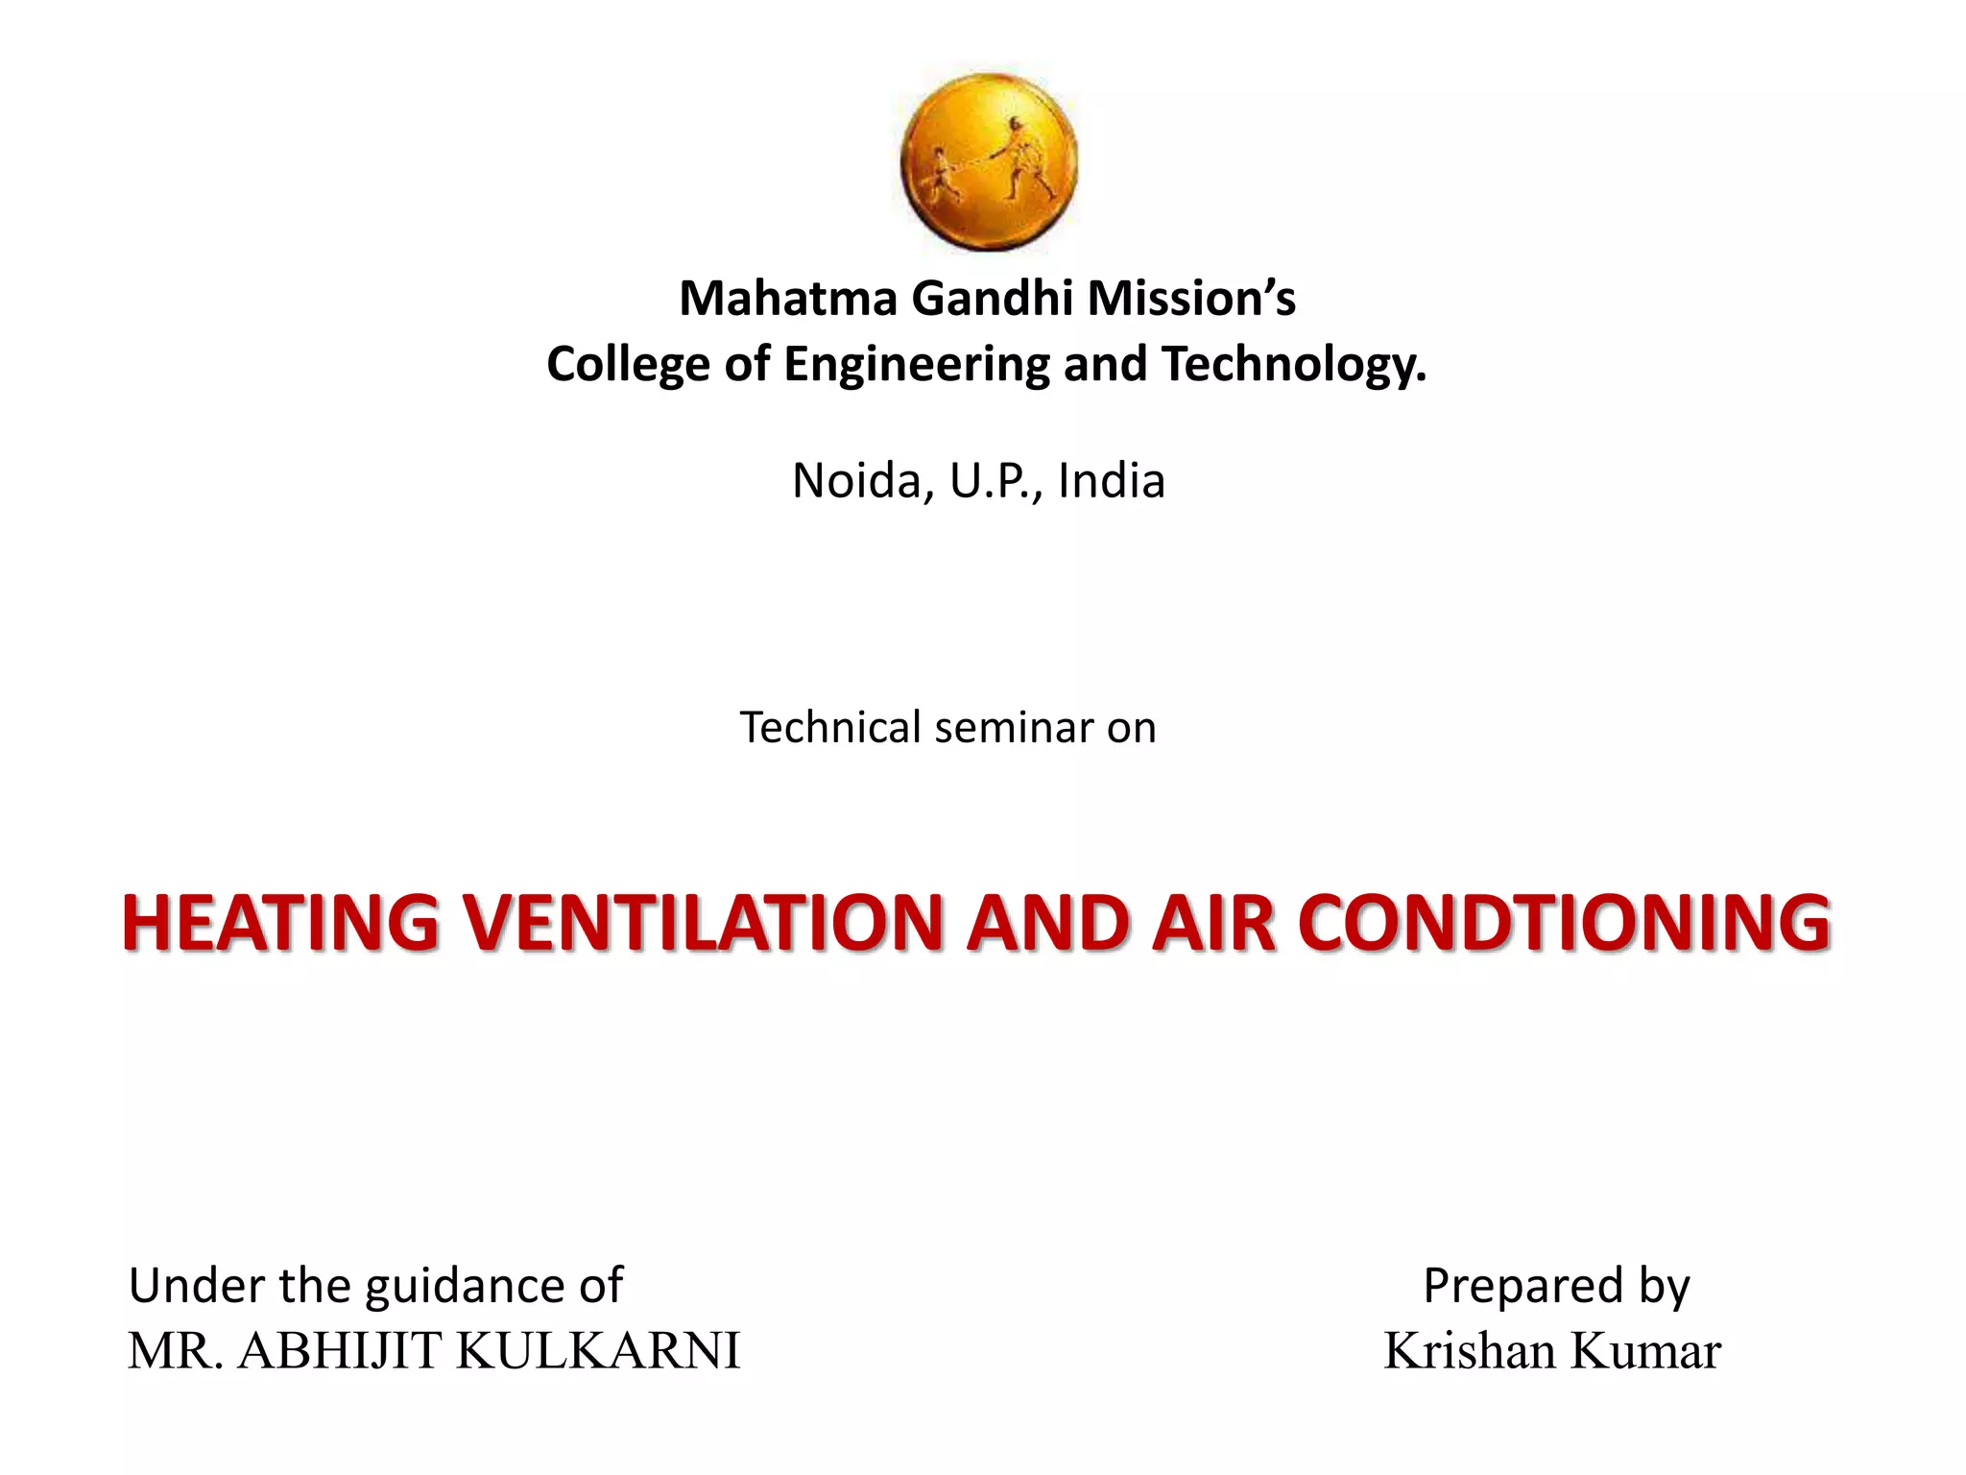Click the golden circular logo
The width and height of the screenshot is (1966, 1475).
click(989, 161)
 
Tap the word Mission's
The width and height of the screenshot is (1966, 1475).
click(1191, 299)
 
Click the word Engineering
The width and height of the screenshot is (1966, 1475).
click(917, 365)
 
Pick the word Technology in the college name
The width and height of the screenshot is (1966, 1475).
click(1292, 365)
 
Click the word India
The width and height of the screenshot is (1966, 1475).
click(1111, 480)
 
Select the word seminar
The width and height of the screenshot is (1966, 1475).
click(1015, 728)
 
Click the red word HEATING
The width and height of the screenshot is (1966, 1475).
click(280, 923)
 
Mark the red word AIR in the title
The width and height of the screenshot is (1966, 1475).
click(1213, 923)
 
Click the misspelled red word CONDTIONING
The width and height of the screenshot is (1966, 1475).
click(1564, 923)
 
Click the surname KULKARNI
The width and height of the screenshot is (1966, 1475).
click(597, 1351)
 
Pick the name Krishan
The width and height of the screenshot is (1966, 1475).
click(1470, 1351)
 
